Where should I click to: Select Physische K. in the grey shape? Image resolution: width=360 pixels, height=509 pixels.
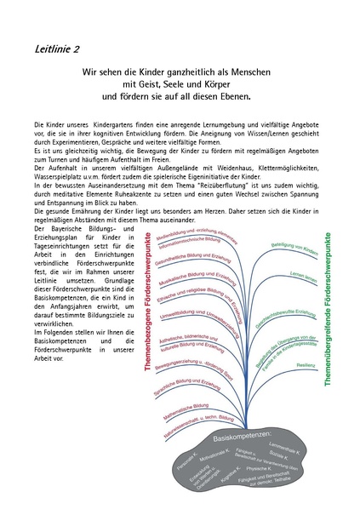click(259, 468)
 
